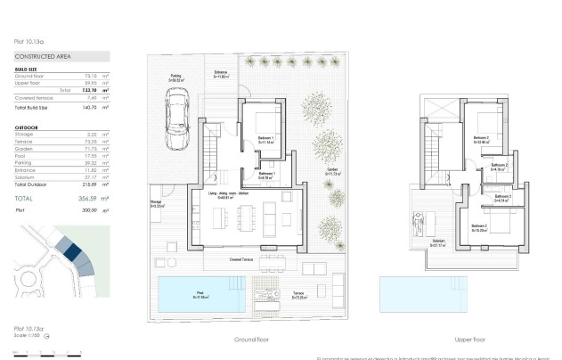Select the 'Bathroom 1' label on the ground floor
266,176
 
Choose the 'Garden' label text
331,168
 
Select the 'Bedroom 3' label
479,227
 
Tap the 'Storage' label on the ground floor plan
156,203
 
